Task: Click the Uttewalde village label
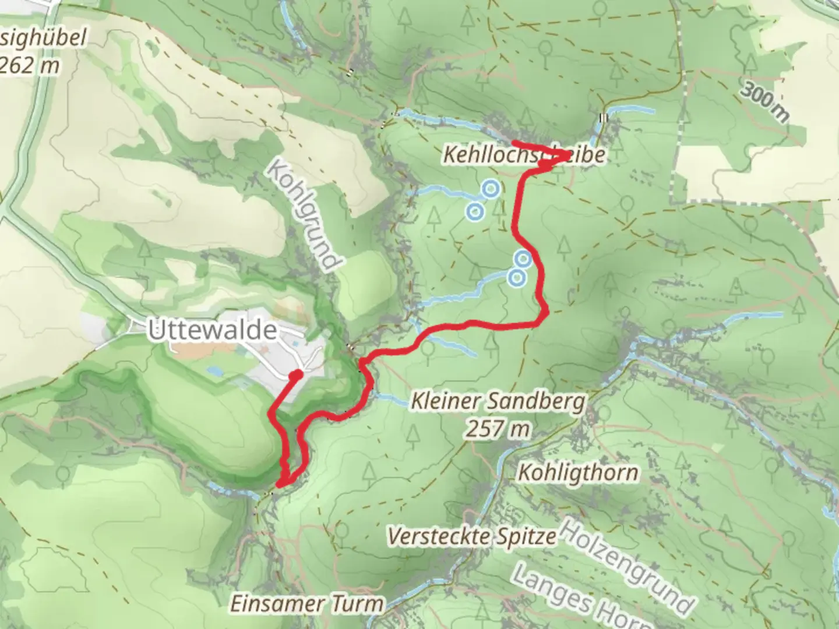coord(212,330)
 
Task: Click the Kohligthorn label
coord(577,472)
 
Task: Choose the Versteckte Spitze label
coord(471,536)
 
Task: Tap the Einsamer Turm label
coord(307,603)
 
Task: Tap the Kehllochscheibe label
coord(523,156)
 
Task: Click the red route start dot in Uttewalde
coord(297,374)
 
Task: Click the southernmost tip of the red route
coord(281,483)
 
